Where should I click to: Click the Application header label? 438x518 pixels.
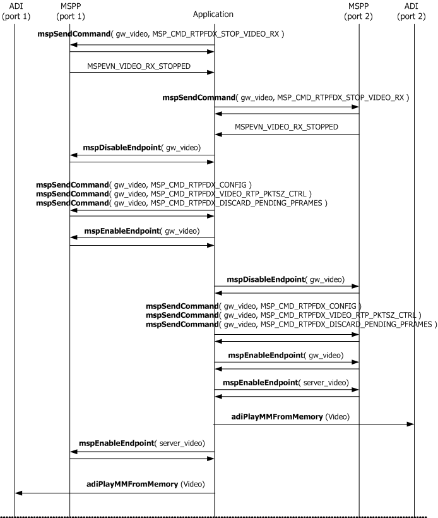214,14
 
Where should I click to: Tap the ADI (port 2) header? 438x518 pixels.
415,10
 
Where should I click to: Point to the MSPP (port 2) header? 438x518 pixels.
359,10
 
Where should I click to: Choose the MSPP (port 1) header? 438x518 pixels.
69,10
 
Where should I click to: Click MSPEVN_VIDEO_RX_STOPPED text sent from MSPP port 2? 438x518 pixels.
286,126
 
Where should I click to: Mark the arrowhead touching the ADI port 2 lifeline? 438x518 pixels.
411,424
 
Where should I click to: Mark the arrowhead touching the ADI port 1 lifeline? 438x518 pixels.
18,493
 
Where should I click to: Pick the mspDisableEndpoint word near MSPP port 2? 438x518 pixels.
266,279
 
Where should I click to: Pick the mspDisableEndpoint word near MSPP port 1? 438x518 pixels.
122,147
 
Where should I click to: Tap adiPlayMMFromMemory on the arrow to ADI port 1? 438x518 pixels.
132,485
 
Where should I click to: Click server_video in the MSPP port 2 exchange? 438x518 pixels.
325,383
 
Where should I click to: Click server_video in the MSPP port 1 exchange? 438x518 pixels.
181,444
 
